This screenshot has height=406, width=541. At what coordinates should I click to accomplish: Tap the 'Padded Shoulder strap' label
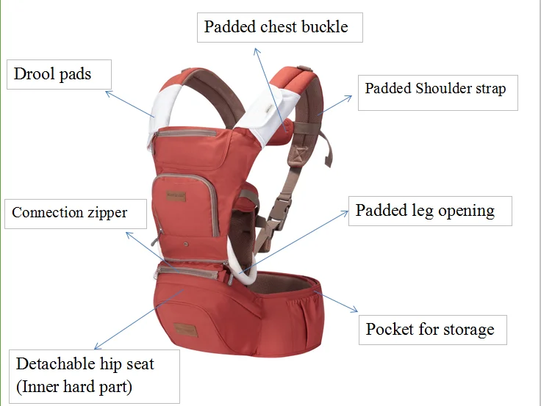[437, 90]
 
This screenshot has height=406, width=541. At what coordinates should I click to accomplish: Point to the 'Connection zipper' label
[70, 213]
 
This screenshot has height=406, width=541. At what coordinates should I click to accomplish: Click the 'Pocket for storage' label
[431, 329]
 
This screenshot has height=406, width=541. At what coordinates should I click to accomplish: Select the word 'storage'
[464, 329]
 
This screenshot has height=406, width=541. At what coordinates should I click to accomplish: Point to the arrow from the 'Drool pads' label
[129, 104]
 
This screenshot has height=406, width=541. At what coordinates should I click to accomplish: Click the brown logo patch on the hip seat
[184, 327]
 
